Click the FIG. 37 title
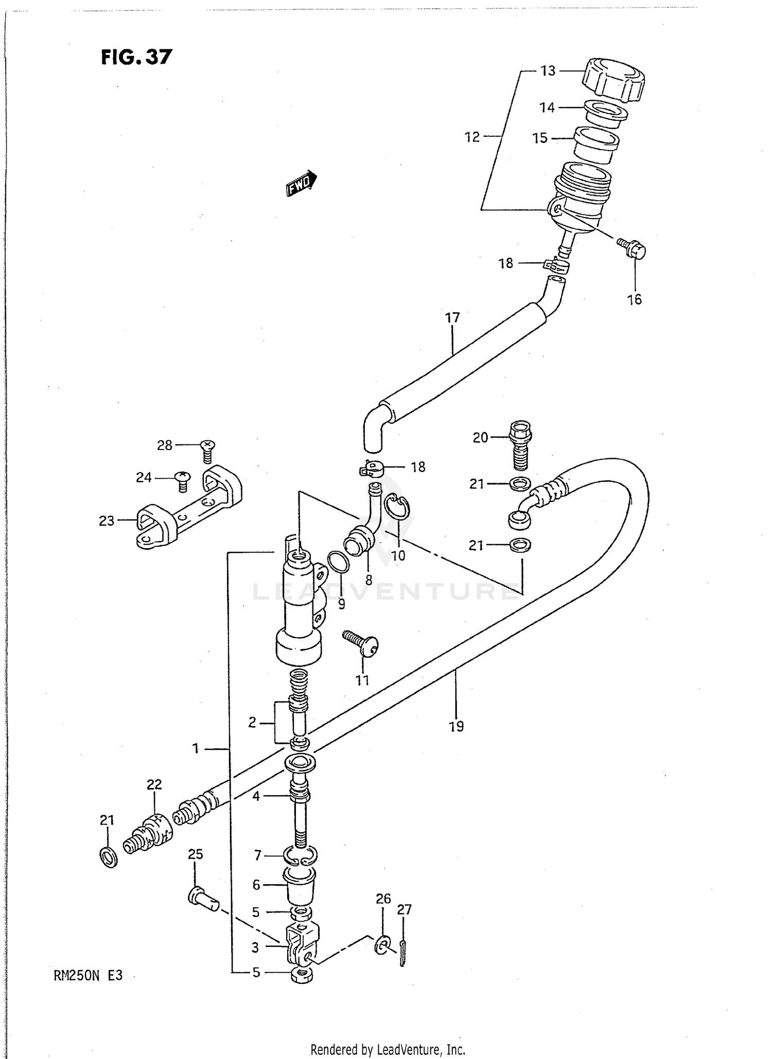tap(136, 57)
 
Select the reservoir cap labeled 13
tap(613, 80)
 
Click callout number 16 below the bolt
tap(634, 299)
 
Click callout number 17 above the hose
tap(452, 318)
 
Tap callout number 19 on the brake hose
tap(456, 726)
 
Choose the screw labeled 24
tap(183, 480)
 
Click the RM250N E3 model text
tap(88, 975)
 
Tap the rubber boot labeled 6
tap(301, 885)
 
